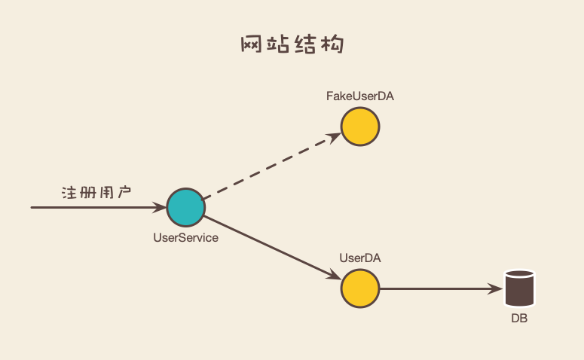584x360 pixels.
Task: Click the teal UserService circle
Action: click(185, 207)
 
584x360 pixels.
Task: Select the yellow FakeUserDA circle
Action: click(360, 127)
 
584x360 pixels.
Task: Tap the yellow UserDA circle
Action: click(360, 288)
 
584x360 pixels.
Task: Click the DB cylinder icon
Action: click(519, 288)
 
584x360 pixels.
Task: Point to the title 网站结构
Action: click(292, 44)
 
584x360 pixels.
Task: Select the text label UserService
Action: click(185, 238)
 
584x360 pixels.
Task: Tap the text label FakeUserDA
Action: click(360, 96)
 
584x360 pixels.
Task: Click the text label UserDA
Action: click(360, 258)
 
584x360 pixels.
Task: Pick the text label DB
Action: click(519, 319)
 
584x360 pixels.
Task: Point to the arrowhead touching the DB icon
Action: click(497, 288)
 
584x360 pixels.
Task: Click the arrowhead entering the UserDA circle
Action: click(334, 276)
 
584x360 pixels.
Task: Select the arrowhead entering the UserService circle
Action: click(158, 207)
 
